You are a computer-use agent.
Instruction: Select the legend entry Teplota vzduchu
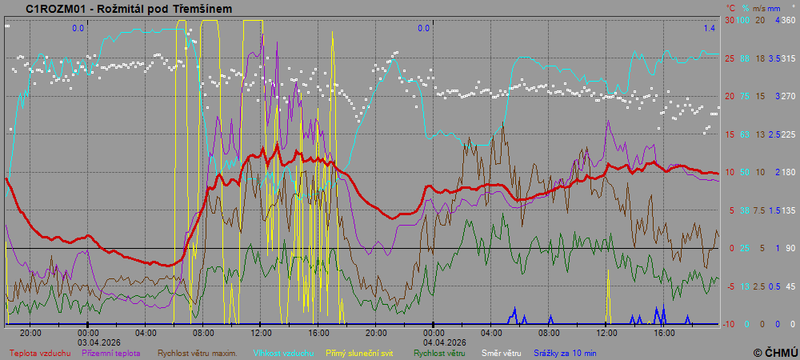point(40,352)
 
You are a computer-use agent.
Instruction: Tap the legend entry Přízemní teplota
point(111,352)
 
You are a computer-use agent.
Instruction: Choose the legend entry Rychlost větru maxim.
point(197,352)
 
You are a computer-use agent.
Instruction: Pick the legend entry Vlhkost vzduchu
point(284,352)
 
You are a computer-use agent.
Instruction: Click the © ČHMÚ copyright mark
point(775,352)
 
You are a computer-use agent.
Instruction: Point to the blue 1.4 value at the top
point(710,28)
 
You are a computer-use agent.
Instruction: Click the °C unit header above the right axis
point(730,7)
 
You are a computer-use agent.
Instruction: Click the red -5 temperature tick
point(730,286)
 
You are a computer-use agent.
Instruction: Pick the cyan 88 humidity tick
point(745,58)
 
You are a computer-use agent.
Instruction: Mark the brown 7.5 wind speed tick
point(760,210)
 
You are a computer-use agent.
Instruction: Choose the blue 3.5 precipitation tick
point(774,58)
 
